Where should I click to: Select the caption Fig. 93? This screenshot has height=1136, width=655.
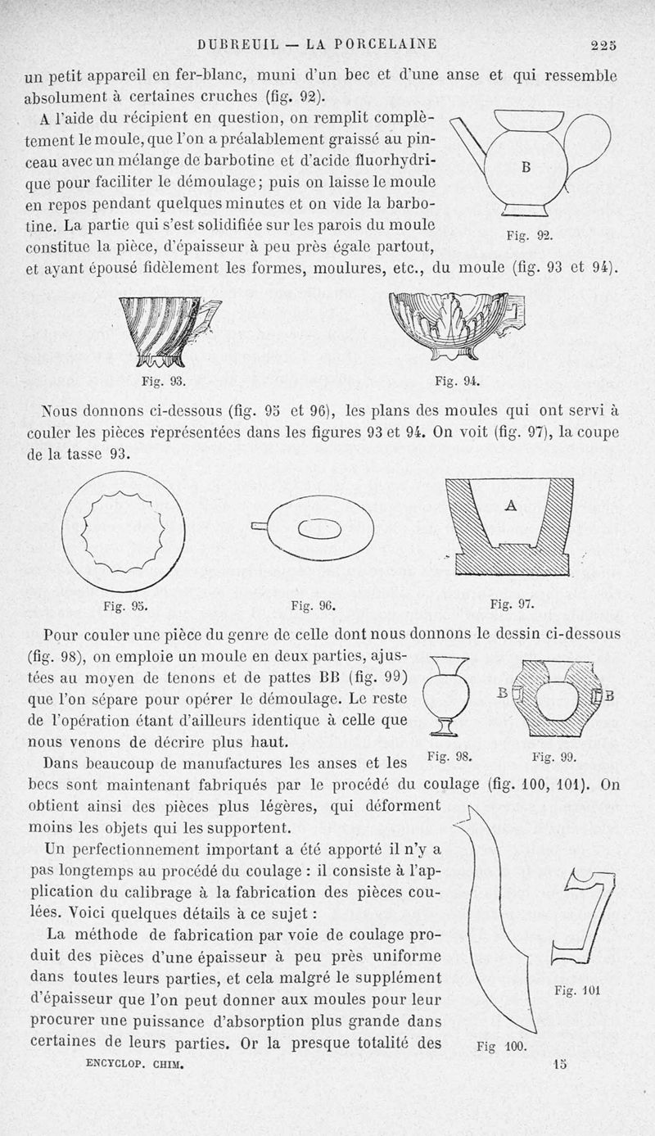click(x=164, y=381)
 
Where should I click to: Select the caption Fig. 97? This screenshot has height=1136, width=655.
click(x=513, y=604)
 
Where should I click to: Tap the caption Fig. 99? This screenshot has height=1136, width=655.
click(x=555, y=758)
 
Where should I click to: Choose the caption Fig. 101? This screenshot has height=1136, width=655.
click(x=578, y=990)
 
